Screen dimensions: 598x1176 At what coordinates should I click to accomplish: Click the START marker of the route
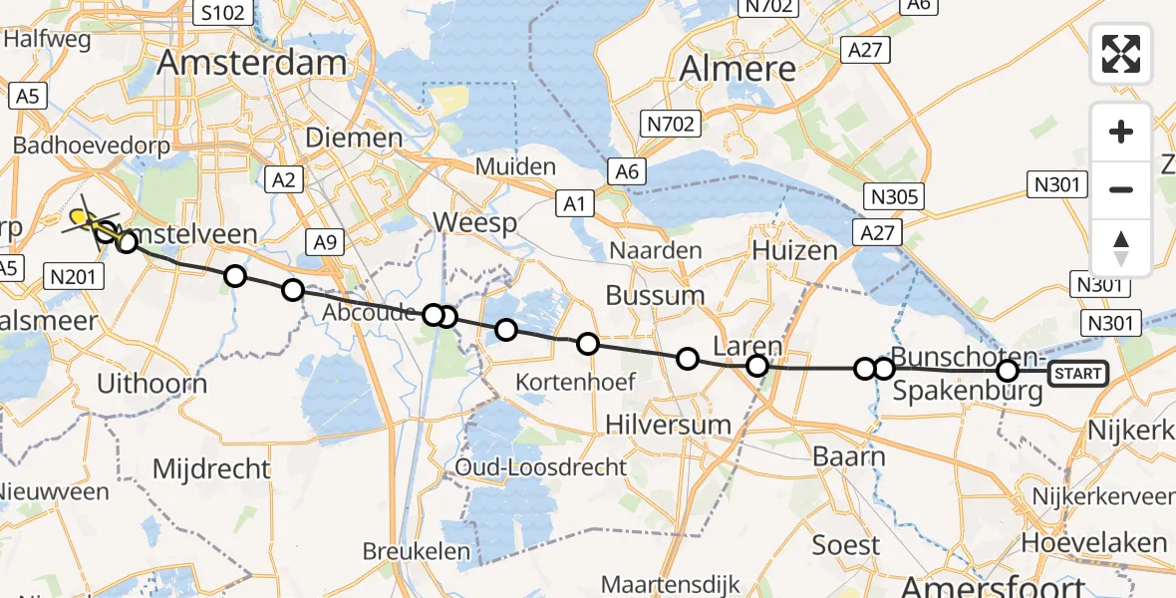tap(1077, 374)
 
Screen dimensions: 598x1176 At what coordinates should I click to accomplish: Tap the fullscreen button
tap(1121, 54)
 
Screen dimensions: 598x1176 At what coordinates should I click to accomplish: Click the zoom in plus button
tap(1121, 132)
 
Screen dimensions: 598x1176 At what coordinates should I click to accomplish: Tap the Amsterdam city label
tap(252, 62)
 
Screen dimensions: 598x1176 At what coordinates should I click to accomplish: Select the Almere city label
tap(737, 68)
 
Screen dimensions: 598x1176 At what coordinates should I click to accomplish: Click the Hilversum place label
tap(669, 425)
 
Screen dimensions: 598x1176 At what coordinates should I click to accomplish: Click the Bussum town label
tap(656, 295)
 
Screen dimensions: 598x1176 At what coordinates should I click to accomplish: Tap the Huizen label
tap(795, 249)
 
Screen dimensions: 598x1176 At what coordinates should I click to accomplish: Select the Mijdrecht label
tap(211, 467)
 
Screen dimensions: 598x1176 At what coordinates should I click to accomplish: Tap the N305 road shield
tap(893, 196)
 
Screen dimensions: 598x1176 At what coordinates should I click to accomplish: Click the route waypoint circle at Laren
tap(757, 366)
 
